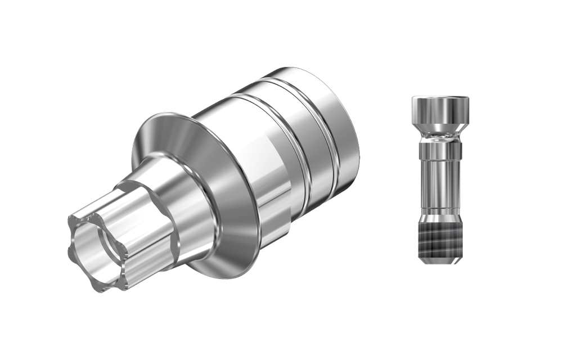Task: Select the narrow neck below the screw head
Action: (440, 137)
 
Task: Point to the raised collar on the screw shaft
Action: (440, 151)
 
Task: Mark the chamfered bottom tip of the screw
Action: (440, 259)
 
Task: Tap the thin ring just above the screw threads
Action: (440, 217)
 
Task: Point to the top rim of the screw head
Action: (440, 98)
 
